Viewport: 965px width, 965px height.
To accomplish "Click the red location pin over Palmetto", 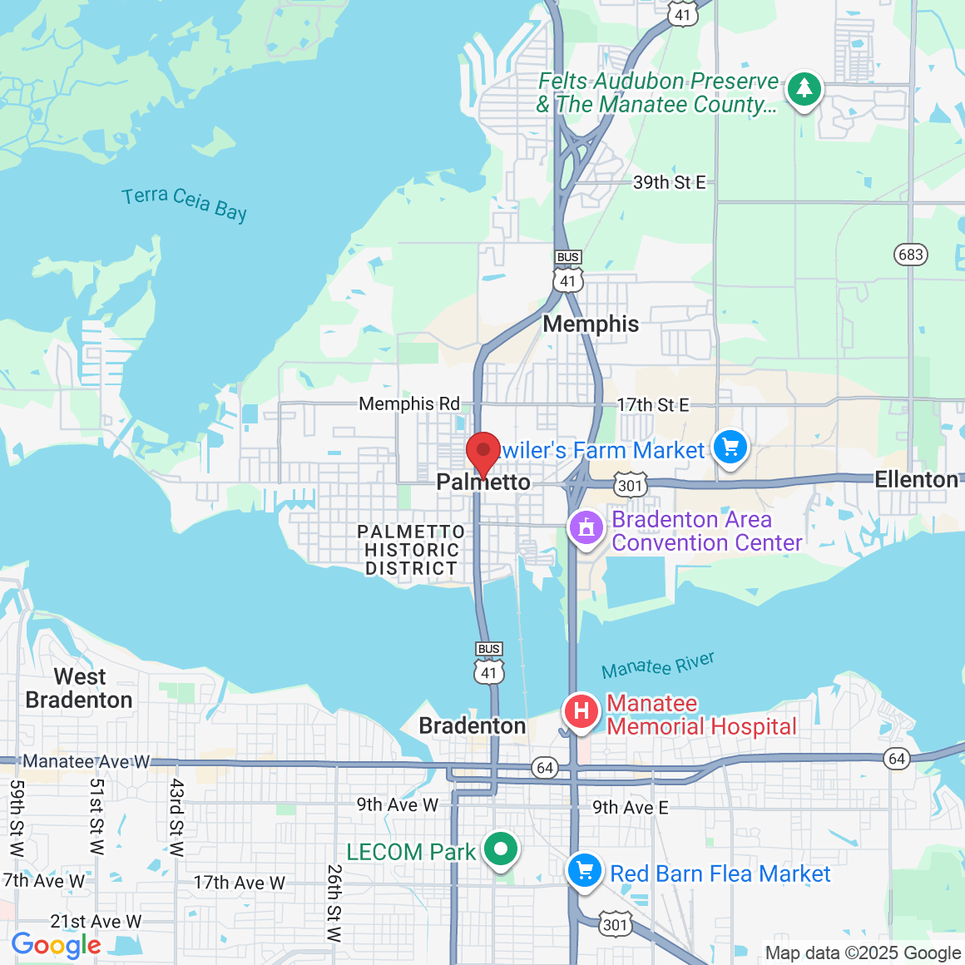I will [x=482, y=452].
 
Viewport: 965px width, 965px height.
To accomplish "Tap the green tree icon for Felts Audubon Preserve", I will [x=804, y=87].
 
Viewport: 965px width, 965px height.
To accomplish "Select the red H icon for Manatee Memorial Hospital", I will [x=581, y=711].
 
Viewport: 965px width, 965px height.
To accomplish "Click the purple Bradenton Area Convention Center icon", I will [x=586, y=527].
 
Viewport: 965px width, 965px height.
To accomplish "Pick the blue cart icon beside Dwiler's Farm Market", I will [x=730, y=448].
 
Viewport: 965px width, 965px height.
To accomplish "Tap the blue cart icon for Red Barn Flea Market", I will [x=585, y=871].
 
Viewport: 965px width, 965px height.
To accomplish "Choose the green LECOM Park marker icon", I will [x=501, y=849].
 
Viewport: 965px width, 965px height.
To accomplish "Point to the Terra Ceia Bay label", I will [x=184, y=203].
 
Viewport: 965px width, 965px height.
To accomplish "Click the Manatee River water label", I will [x=658, y=666].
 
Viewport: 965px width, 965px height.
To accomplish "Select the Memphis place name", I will [x=591, y=324].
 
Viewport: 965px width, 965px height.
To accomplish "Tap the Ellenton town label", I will [x=916, y=479].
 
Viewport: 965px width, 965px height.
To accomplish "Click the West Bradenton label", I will [x=79, y=688].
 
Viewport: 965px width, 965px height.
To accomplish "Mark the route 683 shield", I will [x=910, y=254].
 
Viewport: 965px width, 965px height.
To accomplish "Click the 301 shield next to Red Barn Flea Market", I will [x=615, y=924].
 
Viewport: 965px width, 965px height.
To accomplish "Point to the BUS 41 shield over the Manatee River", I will [x=489, y=664].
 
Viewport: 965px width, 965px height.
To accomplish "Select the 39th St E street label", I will [x=669, y=182].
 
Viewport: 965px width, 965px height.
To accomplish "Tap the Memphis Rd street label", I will [x=408, y=403].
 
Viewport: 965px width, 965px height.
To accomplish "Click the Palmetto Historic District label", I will [x=411, y=550].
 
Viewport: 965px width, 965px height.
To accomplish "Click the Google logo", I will [x=56, y=945].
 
